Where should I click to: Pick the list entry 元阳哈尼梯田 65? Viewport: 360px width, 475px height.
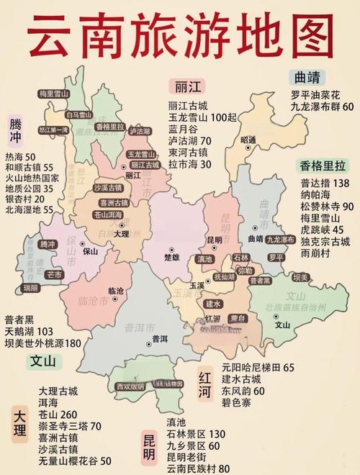(x=258, y=367)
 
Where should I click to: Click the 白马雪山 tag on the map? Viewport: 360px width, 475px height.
(x=79, y=114)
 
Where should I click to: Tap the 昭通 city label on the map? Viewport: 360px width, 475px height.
(x=248, y=139)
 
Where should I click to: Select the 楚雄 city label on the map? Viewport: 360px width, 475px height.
(x=171, y=255)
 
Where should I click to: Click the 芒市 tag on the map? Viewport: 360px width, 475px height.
(x=54, y=274)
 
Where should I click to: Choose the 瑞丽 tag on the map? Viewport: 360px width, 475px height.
(x=30, y=287)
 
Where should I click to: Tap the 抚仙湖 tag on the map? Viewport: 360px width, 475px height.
(x=225, y=276)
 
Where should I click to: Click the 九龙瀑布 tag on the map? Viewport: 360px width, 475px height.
(x=280, y=238)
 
